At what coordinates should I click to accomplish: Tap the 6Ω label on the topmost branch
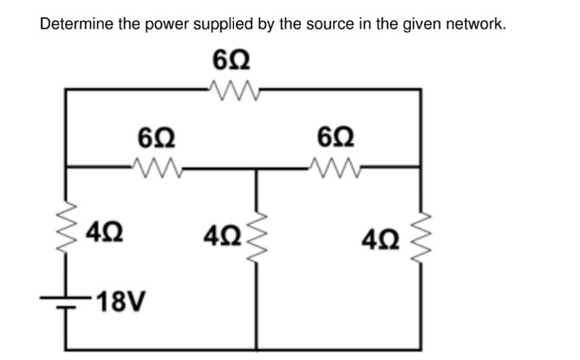(x=232, y=61)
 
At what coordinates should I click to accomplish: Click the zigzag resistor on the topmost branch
(x=232, y=87)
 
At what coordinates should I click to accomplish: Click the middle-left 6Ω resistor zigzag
(x=156, y=164)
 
